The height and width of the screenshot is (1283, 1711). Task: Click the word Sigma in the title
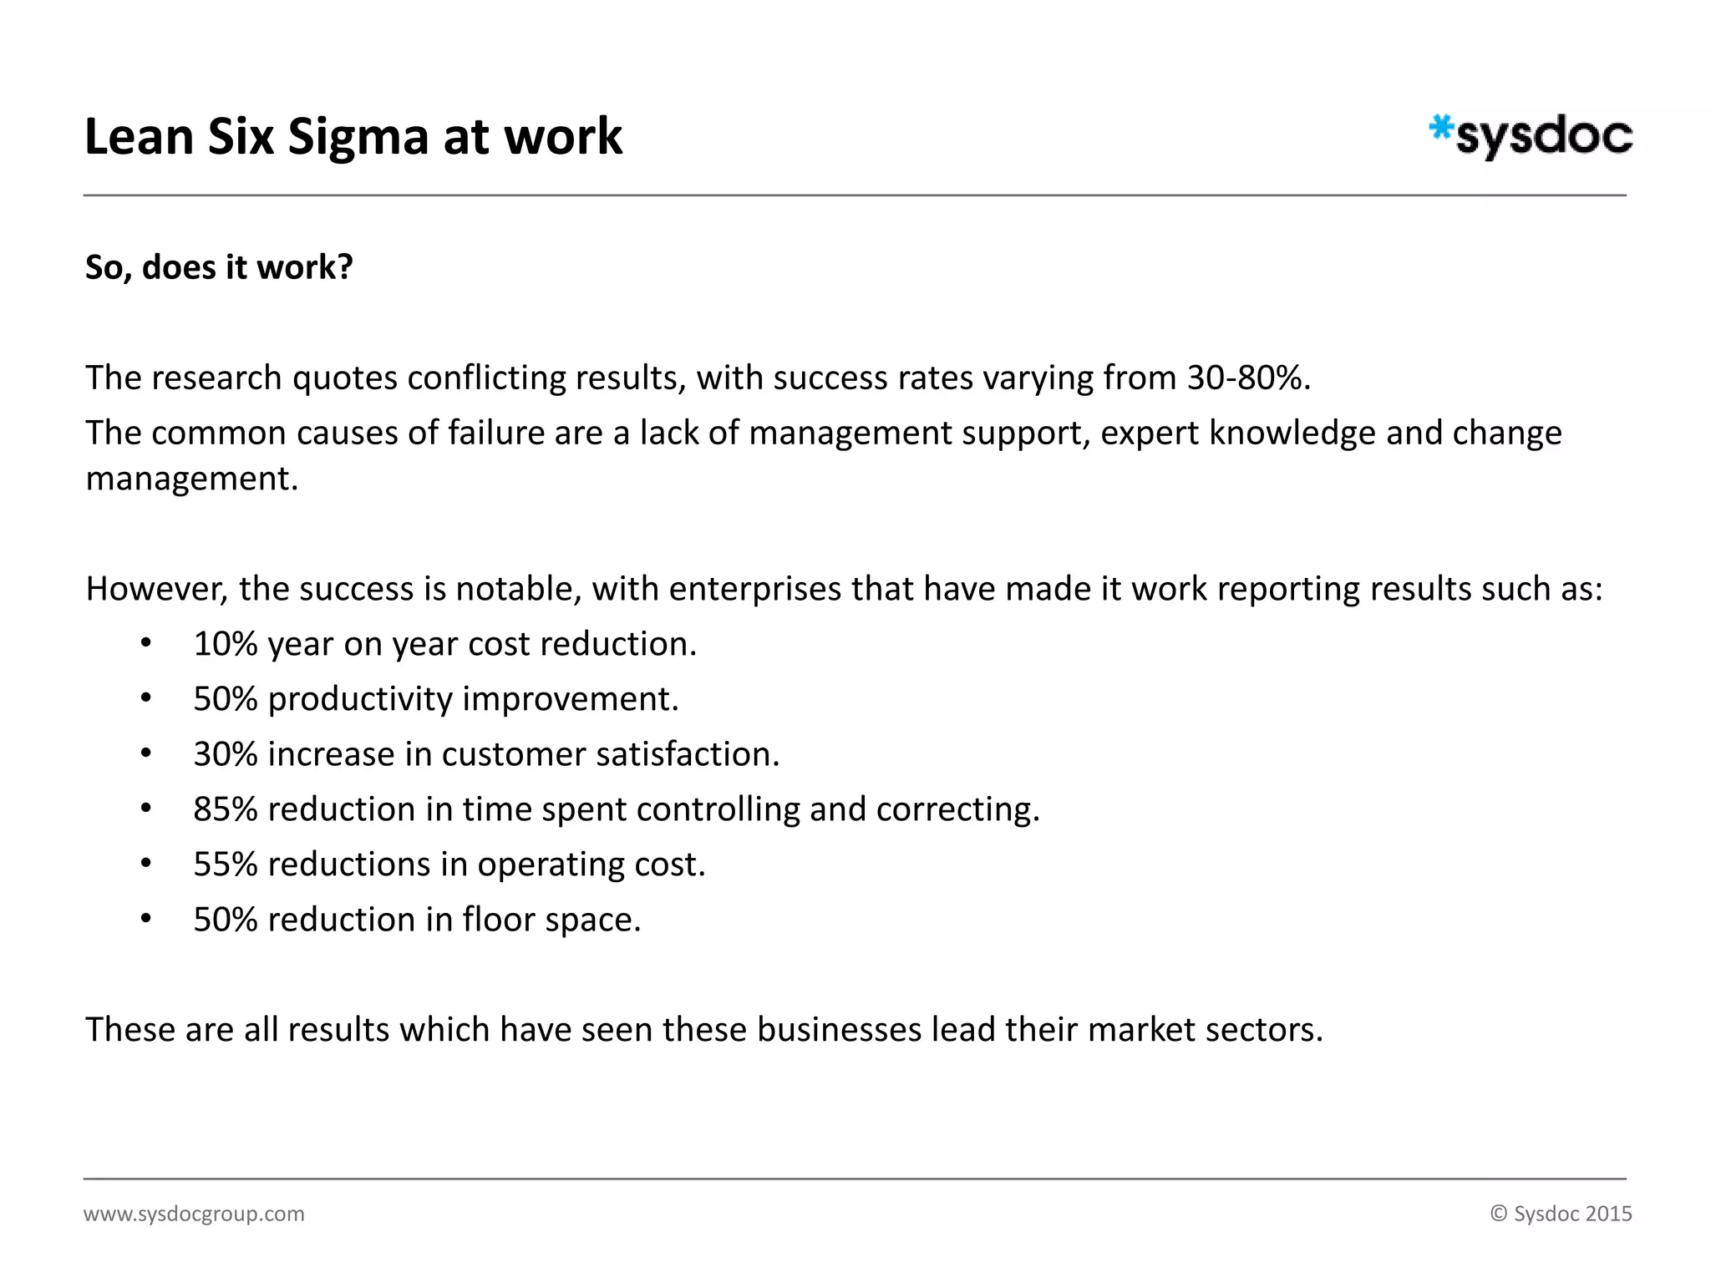358,136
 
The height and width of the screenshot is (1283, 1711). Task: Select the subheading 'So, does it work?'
219,267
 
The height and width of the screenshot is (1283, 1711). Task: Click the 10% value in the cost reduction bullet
225,644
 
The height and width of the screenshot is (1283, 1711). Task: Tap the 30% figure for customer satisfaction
225,754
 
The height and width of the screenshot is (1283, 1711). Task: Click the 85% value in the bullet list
225,809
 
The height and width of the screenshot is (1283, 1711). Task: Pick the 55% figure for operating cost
225,865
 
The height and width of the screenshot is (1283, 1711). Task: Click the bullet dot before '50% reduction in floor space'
146,920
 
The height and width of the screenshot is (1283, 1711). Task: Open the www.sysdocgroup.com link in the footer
194,1214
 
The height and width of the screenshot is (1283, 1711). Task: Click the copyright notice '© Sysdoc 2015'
1561,1214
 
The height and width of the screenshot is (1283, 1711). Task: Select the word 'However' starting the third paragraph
156,589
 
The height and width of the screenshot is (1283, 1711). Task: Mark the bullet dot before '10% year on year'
146,644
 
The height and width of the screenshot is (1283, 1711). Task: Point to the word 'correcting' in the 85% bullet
957,809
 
